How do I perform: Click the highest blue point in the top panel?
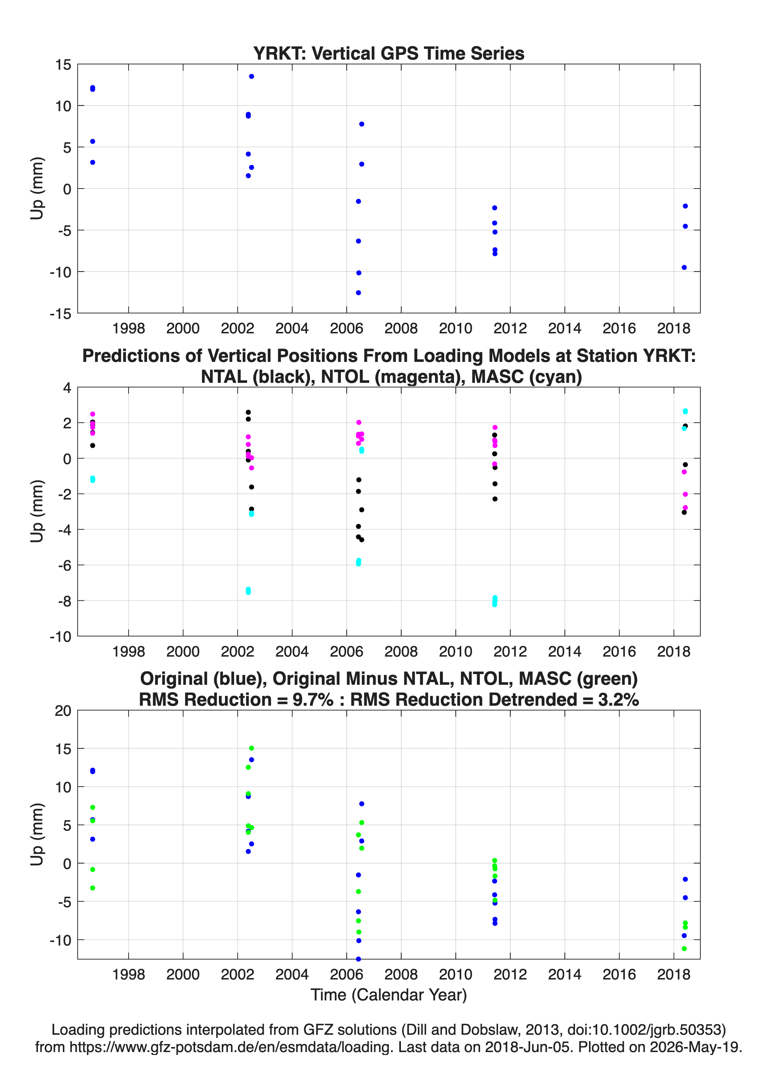tap(251, 77)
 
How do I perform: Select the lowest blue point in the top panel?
tap(358, 293)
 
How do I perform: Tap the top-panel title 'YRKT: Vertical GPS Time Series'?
tap(389, 53)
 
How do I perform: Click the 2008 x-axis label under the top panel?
tap(401, 328)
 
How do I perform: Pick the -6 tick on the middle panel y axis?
tap(65, 565)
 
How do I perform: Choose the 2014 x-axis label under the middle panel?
tap(564, 651)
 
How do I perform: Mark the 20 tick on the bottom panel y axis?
tap(63, 711)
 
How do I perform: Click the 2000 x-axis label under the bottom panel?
tap(183, 974)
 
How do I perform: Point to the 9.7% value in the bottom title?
tap(312, 700)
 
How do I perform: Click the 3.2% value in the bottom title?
tap(618, 700)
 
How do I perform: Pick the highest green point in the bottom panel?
tap(251, 748)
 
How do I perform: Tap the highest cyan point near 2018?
tap(685, 411)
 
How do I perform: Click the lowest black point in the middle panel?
tap(362, 540)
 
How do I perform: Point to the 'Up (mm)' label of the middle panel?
tap(37, 511)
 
